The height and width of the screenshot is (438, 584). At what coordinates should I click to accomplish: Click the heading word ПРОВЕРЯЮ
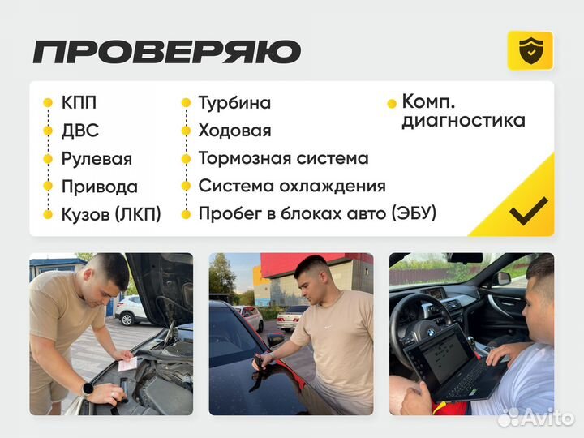[x=166, y=51]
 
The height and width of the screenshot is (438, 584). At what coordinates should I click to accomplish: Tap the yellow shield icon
[x=530, y=50]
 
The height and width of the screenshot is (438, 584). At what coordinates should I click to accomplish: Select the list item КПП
[x=79, y=103]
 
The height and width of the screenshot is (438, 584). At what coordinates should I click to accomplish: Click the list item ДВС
[x=79, y=131]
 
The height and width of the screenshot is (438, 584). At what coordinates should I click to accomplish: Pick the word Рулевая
[x=97, y=159]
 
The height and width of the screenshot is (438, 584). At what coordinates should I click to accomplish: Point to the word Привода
[x=99, y=187]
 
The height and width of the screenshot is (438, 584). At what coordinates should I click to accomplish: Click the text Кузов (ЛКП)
[x=111, y=214]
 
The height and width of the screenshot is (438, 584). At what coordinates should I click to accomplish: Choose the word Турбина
[x=234, y=103]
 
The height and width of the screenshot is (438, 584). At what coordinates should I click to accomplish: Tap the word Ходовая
[x=234, y=131]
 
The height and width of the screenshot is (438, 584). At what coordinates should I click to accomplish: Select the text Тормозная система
[x=283, y=158]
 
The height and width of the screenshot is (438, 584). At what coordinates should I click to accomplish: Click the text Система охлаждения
[x=291, y=186]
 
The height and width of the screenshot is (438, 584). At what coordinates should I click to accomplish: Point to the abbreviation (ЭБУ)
[x=414, y=213]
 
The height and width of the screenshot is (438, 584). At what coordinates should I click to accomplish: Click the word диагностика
[x=463, y=121]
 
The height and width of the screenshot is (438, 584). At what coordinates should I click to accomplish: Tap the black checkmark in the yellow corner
[x=528, y=211]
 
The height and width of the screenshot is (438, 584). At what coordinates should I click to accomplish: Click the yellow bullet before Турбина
[x=186, y=104]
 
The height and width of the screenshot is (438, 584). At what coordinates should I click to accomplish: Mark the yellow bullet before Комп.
[x=393, y=104]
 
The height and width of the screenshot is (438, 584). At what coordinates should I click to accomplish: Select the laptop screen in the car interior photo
[x=441, y=355]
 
